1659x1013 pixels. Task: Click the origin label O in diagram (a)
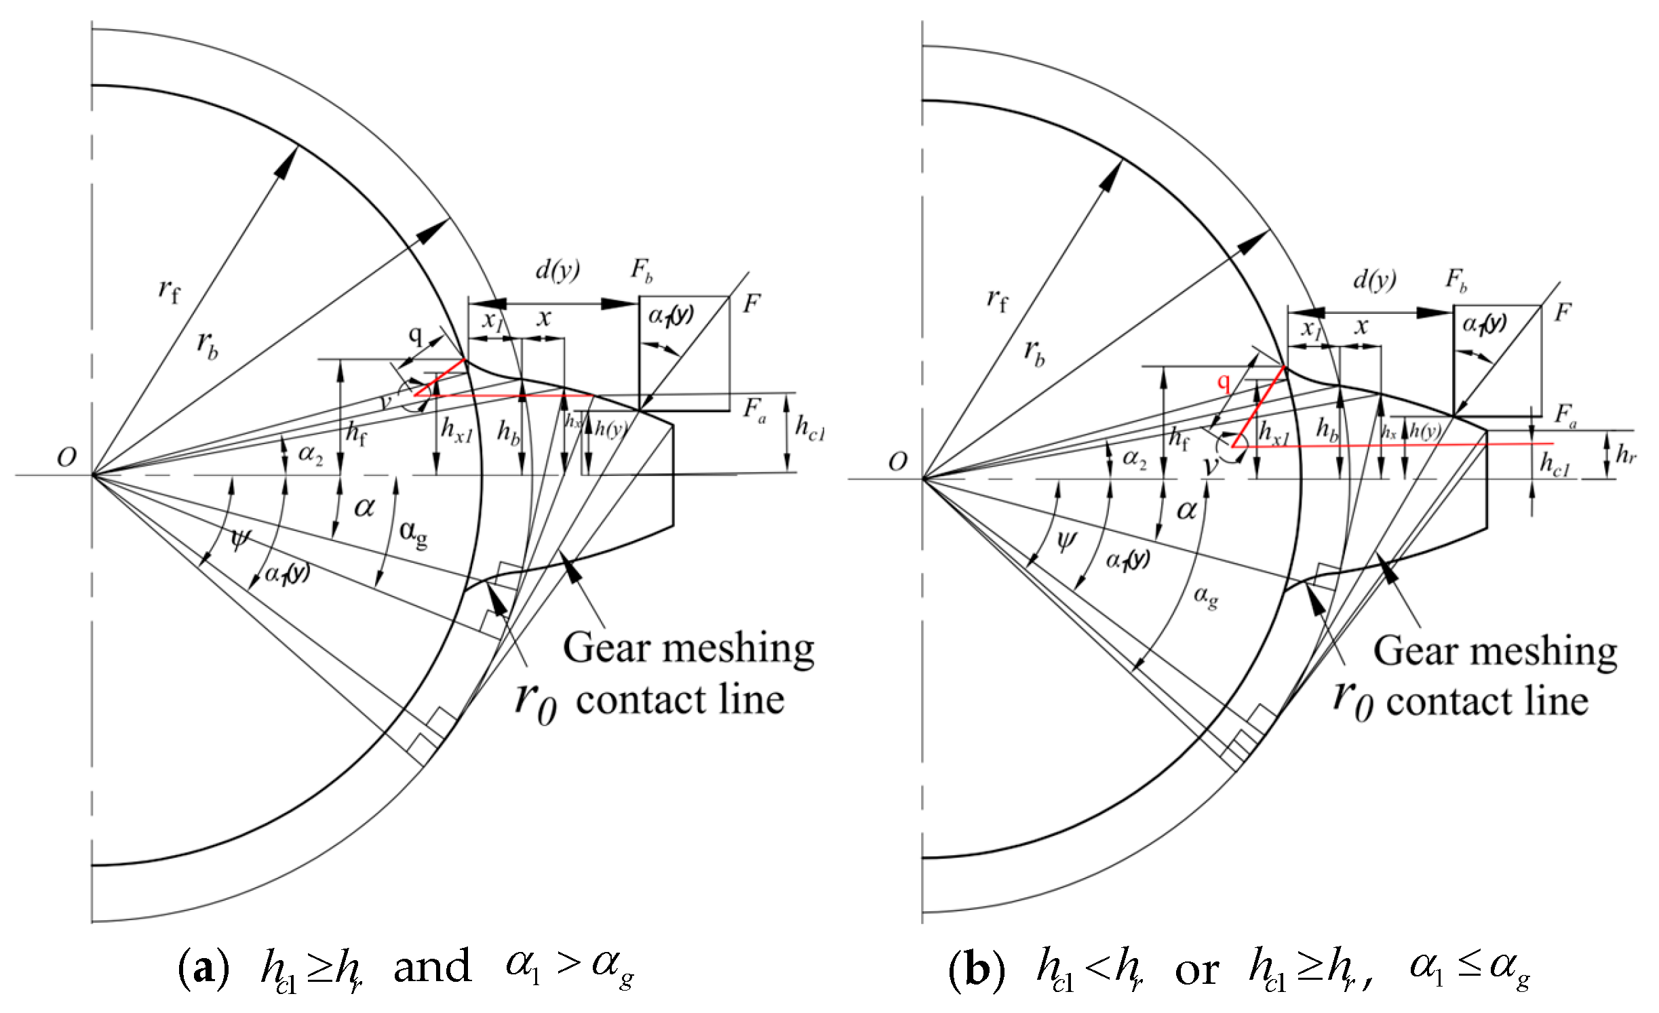[66, 458]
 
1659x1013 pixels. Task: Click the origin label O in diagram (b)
[897, 462]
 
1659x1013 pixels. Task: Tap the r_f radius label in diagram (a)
[169, 291]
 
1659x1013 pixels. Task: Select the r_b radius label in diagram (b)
[1034, 353]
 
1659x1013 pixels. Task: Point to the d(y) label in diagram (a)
[558, 270]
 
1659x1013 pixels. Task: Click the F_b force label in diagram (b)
[1456, 279]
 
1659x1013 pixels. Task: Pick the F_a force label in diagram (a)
[754, 410]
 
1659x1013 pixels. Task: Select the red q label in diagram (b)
[1223, 382]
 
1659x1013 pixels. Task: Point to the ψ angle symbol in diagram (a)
[240, 538]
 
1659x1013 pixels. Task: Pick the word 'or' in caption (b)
[1196, 970]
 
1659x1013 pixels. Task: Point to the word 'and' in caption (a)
[432, 967]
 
